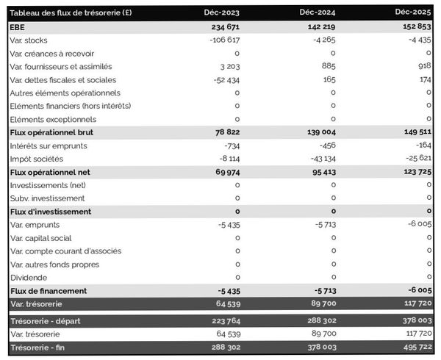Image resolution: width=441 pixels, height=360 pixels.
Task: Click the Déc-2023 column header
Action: click(221, 13)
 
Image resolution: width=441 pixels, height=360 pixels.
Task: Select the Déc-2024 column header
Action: click(318, 13)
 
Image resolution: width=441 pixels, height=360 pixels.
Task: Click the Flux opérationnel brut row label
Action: click(51, 132)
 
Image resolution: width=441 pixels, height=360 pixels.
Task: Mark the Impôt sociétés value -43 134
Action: click(319, 159)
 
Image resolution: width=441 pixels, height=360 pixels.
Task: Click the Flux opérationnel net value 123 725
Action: click(413, 172)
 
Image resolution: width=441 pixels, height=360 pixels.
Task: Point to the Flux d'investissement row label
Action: click(50, 212)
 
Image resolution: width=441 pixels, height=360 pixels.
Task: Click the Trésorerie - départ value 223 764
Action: click(221, 321)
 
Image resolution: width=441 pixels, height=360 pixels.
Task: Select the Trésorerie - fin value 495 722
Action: click(413, 348)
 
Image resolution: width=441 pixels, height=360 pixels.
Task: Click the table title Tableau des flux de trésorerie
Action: click(71, 13)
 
